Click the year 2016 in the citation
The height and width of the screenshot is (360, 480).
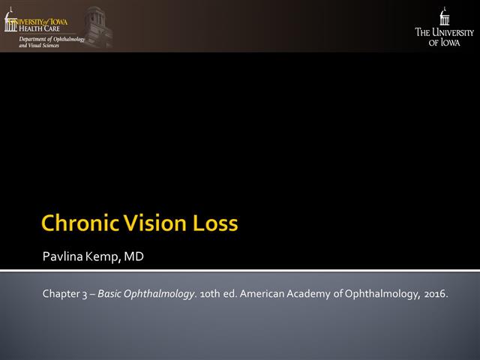click(x=434, y=293)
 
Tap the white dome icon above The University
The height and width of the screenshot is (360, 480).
click(x=445, y=16)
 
